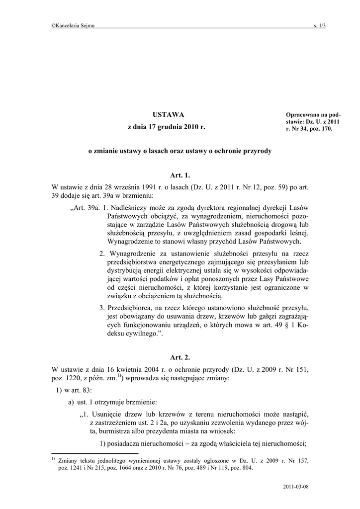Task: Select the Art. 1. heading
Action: point(180,175)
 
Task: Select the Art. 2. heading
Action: point(180,357)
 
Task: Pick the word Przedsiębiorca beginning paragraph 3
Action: point(132,307)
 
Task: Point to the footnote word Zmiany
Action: point(68,461)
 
